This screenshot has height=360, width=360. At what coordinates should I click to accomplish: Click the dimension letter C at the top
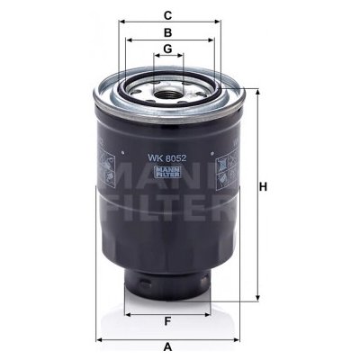167,13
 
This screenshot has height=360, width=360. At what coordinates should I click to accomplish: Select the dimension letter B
167,31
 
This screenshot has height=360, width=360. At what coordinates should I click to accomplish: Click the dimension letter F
167,321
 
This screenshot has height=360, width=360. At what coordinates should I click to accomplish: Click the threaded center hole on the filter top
167,88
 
